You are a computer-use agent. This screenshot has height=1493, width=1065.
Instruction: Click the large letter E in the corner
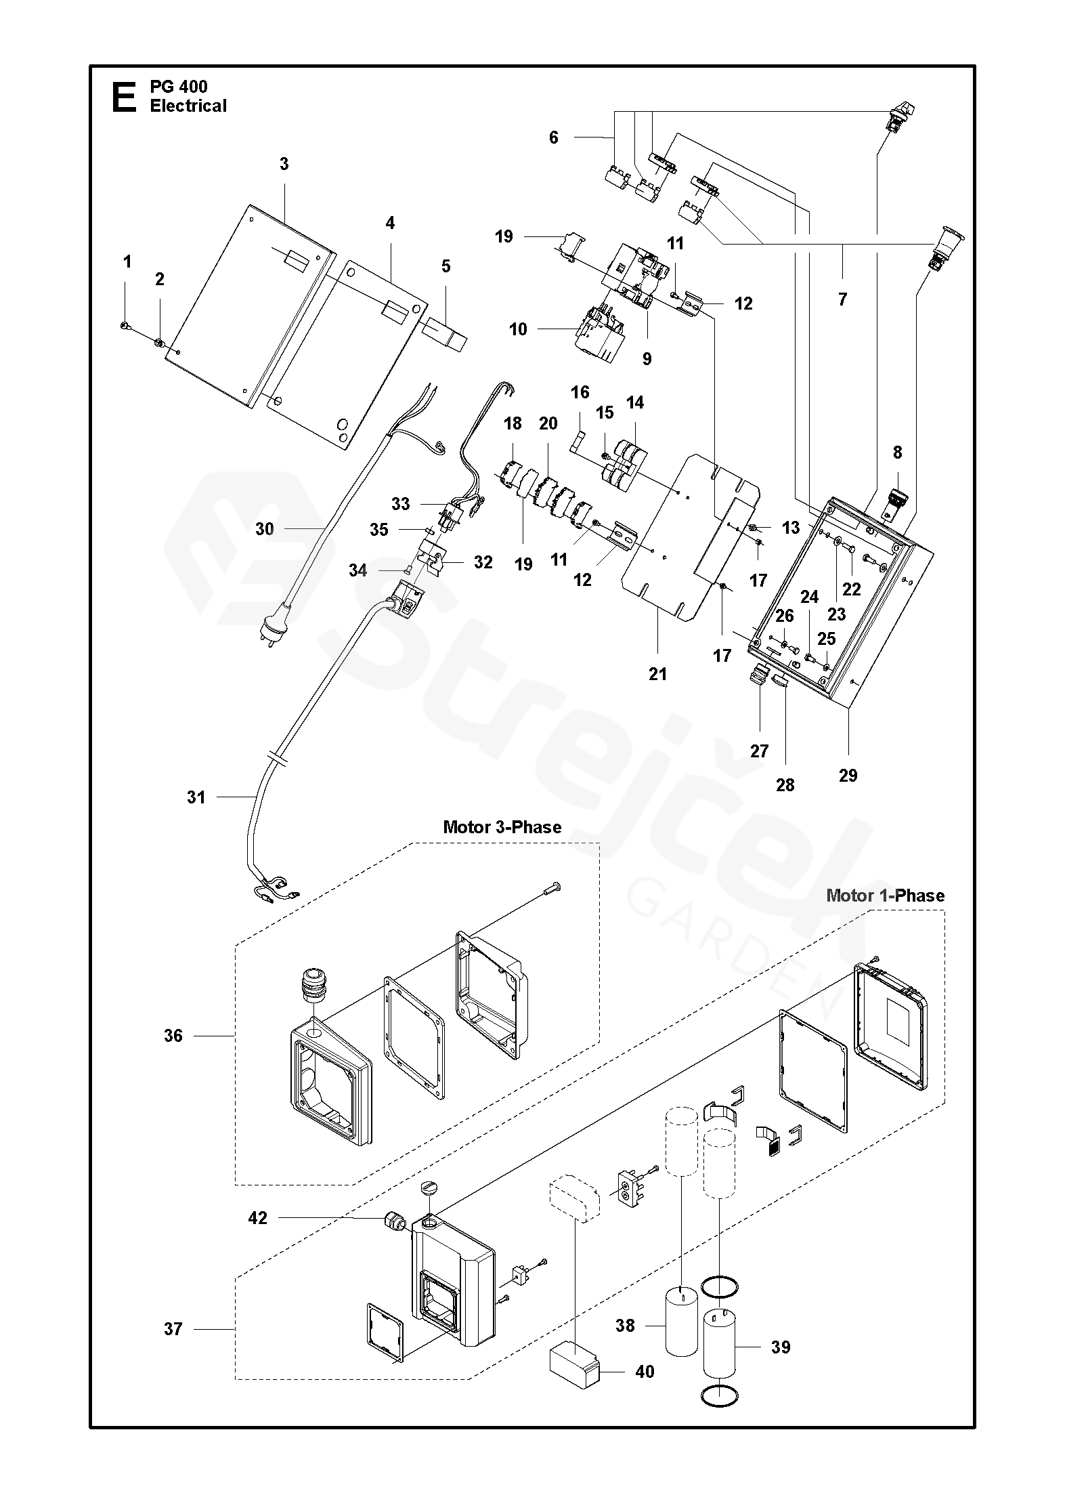(x=123, y=96)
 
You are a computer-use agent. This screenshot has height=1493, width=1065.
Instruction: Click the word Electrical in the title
(x=188, y=106)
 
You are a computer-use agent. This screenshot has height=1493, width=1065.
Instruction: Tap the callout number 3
(x=284, y=164)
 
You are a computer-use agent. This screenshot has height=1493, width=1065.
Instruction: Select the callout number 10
(x=518, y=329)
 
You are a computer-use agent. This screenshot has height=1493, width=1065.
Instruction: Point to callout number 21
(x=657, y=674)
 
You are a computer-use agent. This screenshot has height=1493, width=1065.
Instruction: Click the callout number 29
(x=848, y=775)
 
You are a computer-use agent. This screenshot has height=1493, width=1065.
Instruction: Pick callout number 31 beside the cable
(x=196, y=797)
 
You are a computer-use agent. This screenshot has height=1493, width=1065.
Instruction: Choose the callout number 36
(x=173, y=1036)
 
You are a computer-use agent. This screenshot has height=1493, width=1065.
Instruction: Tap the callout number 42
(x=258, y=1218)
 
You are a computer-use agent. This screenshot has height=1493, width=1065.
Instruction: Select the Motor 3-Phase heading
(x=502, y=827)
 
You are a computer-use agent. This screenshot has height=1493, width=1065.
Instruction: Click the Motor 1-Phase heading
(x=885, y=896)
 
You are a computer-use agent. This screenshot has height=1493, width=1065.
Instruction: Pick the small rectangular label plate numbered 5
(x=446, y=335)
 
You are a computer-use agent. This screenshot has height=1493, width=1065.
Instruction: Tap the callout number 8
(x=897, y=453)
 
